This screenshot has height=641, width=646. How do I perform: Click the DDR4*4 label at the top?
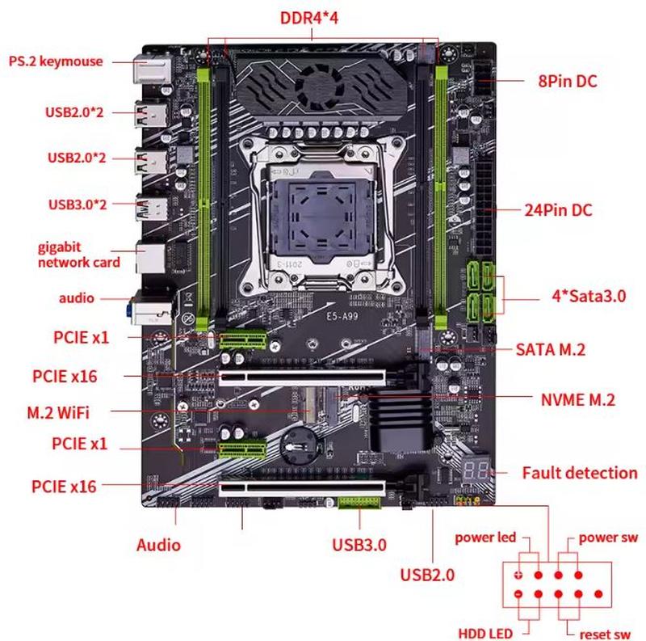coord(309,18)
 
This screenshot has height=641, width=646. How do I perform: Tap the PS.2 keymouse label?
coord(56,61)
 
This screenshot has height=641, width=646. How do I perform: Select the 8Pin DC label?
coord(568,81)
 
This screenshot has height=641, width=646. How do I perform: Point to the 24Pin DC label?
coord(558,210)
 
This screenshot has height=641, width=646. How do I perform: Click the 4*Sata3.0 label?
coord(589,296)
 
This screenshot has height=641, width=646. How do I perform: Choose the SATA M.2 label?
coord(551,350)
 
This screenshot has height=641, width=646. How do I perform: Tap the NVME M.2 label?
coord(577,399)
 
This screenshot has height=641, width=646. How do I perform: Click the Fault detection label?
coord(580,473)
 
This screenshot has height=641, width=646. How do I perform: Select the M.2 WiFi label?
coord(58,412)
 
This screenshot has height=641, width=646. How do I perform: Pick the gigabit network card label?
coord(78,255)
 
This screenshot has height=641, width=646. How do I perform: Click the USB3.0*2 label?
coord(78,205)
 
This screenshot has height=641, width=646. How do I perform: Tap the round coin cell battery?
coord(298,445)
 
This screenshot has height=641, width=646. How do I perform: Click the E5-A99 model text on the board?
coord(342,317)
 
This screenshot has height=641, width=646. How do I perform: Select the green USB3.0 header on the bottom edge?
coord(359,503)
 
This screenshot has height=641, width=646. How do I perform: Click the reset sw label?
coord(605,634)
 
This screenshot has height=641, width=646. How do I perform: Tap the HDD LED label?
coord(485,633)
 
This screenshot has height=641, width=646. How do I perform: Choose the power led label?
coord(485,538)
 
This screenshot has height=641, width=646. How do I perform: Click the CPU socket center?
coord(321,215)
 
